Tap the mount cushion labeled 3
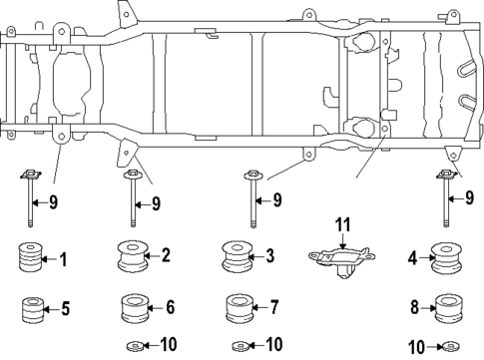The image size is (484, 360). coord(238,258)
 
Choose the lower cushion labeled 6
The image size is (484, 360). coord(134,308)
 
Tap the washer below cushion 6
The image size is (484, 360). coord(134,345)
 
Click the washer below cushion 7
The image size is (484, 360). coord(238,345)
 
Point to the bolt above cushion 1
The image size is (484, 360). coord(30,200)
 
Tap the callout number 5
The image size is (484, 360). coord(65,310)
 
